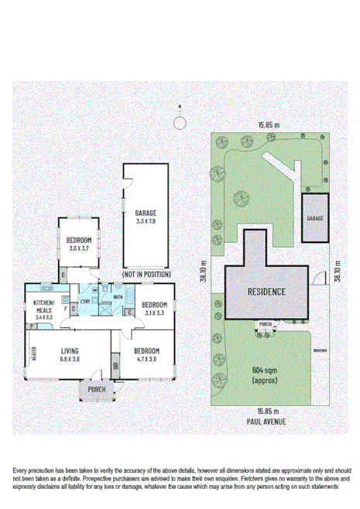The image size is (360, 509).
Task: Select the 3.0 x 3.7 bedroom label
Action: (x=81, y=243)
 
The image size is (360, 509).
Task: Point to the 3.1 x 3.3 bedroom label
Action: (x=155, y=309)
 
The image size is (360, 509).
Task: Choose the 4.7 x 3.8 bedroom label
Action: (x=147, y=354)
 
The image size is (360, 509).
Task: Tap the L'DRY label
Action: (x=85, y=300)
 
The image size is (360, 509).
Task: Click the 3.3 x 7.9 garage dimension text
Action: (x=146, y=221)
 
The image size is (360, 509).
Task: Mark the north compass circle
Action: (x=180, y=121)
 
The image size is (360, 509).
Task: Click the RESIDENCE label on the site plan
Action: (x=267, y=292)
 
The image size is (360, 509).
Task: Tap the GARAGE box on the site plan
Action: (x=315, y=218)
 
